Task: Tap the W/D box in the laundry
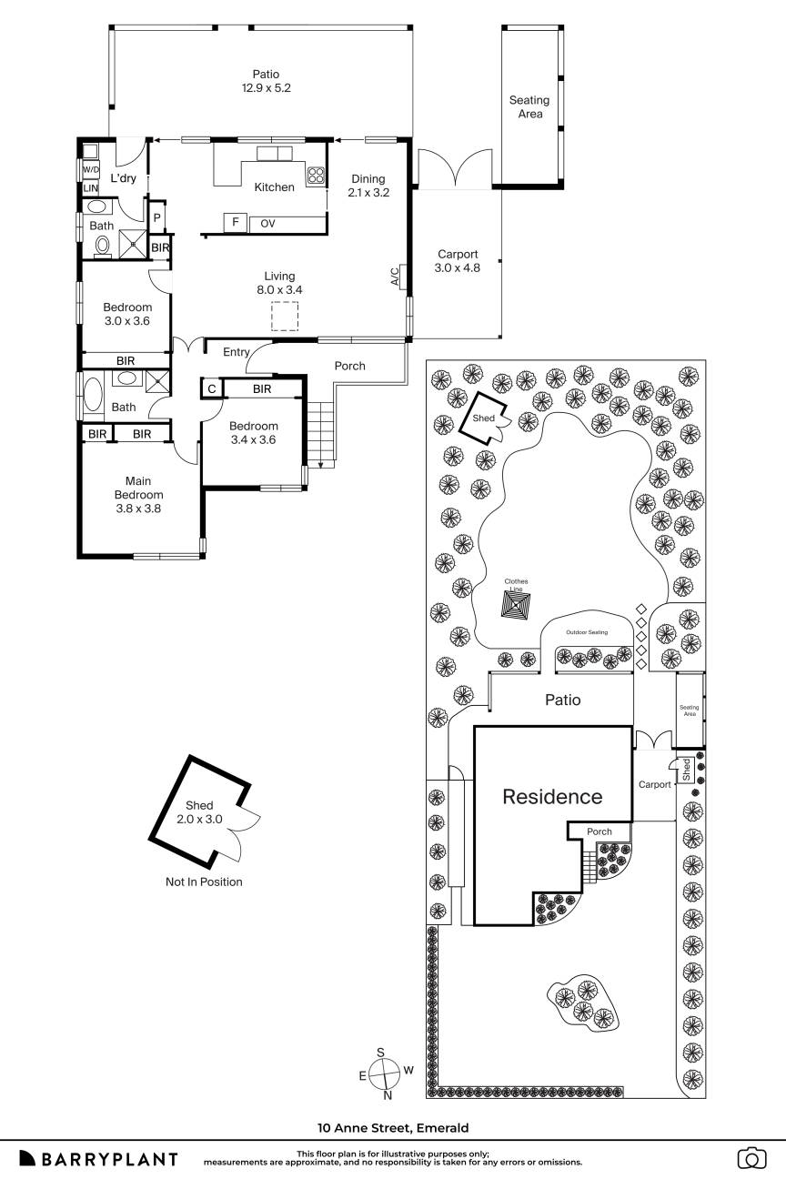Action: tap(91, 170)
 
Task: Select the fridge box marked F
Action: tap(236, 223)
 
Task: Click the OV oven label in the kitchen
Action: tap(267, 223)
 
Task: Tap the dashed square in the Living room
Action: tap(285, 317)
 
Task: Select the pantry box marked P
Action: tap(156, 218)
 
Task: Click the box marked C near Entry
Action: tap(211, 389)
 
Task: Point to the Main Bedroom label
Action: tap(138, 495)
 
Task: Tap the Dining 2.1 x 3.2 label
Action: tap(367, 186)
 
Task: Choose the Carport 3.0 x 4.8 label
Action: tap(458, 261)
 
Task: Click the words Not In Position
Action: tap(204, 882)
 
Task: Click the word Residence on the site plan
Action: tap(552, 797)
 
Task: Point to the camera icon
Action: tap(751, 1158)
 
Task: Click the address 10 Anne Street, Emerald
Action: tap(393, 1128)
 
